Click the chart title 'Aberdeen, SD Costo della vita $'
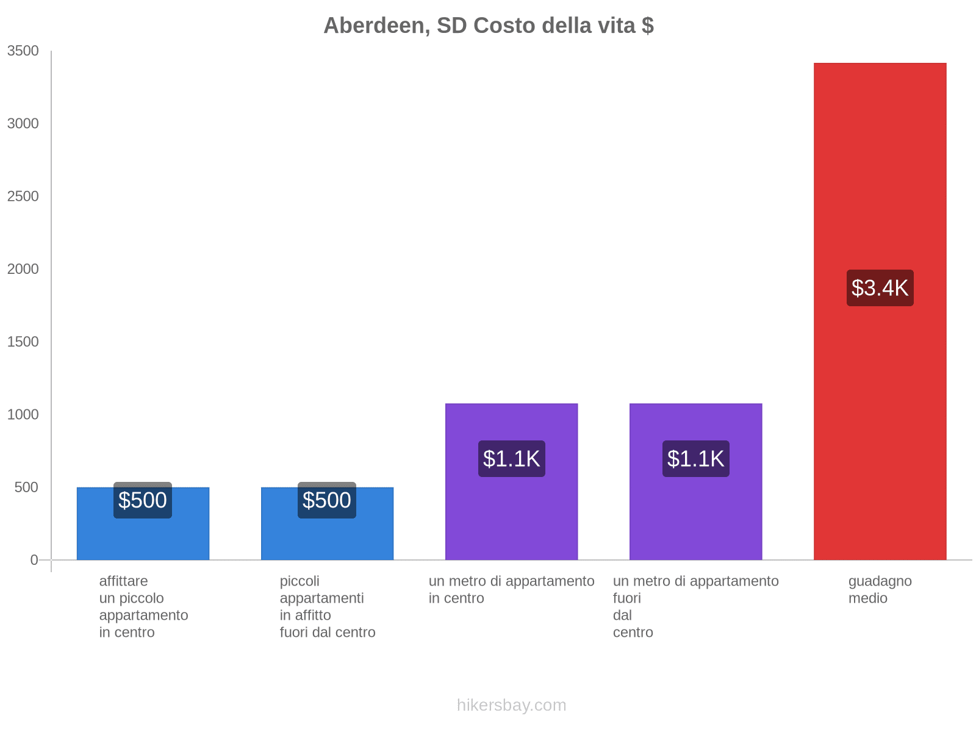point(488,26)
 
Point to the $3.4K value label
point(880,288)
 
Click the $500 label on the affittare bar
point(143,500)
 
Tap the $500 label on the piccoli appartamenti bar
point(327,500)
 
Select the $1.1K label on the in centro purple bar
point(511,459)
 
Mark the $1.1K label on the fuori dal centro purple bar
point(695,459)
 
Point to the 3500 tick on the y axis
point(23,51)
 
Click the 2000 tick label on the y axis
point(23,269)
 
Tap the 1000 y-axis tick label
point(23,415)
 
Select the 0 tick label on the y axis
point(34,560)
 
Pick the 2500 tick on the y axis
point(23,196)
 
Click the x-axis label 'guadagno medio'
point(880,589)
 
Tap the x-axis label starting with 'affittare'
point(143,606)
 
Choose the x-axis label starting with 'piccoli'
point(328,606)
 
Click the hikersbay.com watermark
point(511,705)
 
